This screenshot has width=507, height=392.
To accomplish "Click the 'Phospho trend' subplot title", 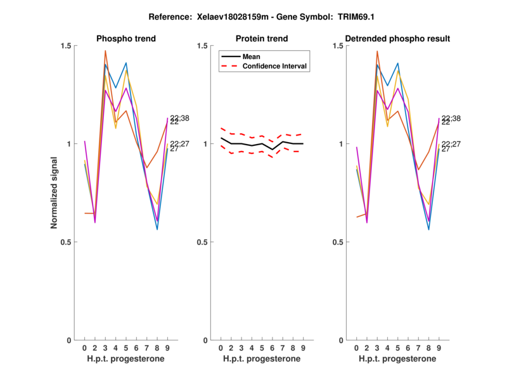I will pyautogui.click(x=126, y=39).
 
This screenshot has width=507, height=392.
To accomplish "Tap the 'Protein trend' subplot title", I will pyautogui.click(x=262, y=39).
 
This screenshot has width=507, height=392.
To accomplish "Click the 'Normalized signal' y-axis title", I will pyautogui.click(x=55, y=192).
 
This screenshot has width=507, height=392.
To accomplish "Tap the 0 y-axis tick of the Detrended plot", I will pyautogui.click(x=339, y=340).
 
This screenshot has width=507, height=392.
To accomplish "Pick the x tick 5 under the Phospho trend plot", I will pyautogui.click(x=126, y=348).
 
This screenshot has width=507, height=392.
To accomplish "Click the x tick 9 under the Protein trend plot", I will pyautogui.click(x=303, y=348).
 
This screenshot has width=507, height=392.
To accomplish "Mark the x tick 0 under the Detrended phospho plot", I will pyautogui.click(x=357, y=348).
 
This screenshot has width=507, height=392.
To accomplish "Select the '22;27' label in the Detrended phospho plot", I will pyautogui.click(x=451, y=144).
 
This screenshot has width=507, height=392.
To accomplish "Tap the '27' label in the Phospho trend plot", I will pyautogui.click(x=174, y=149).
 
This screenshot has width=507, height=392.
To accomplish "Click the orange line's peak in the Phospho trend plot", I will pyautogui.click(x=105, y=51).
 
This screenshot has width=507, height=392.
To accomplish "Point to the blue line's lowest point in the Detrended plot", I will pyautogui.click(x=429, y=229).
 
